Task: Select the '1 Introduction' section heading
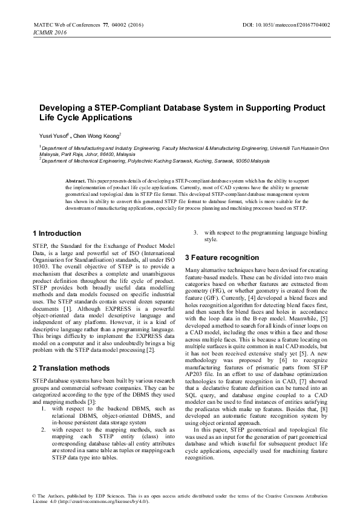[56, 233]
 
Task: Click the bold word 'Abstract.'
[76, 181]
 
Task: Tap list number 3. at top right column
[195, 233]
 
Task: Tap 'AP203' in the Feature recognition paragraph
[195, 374]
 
